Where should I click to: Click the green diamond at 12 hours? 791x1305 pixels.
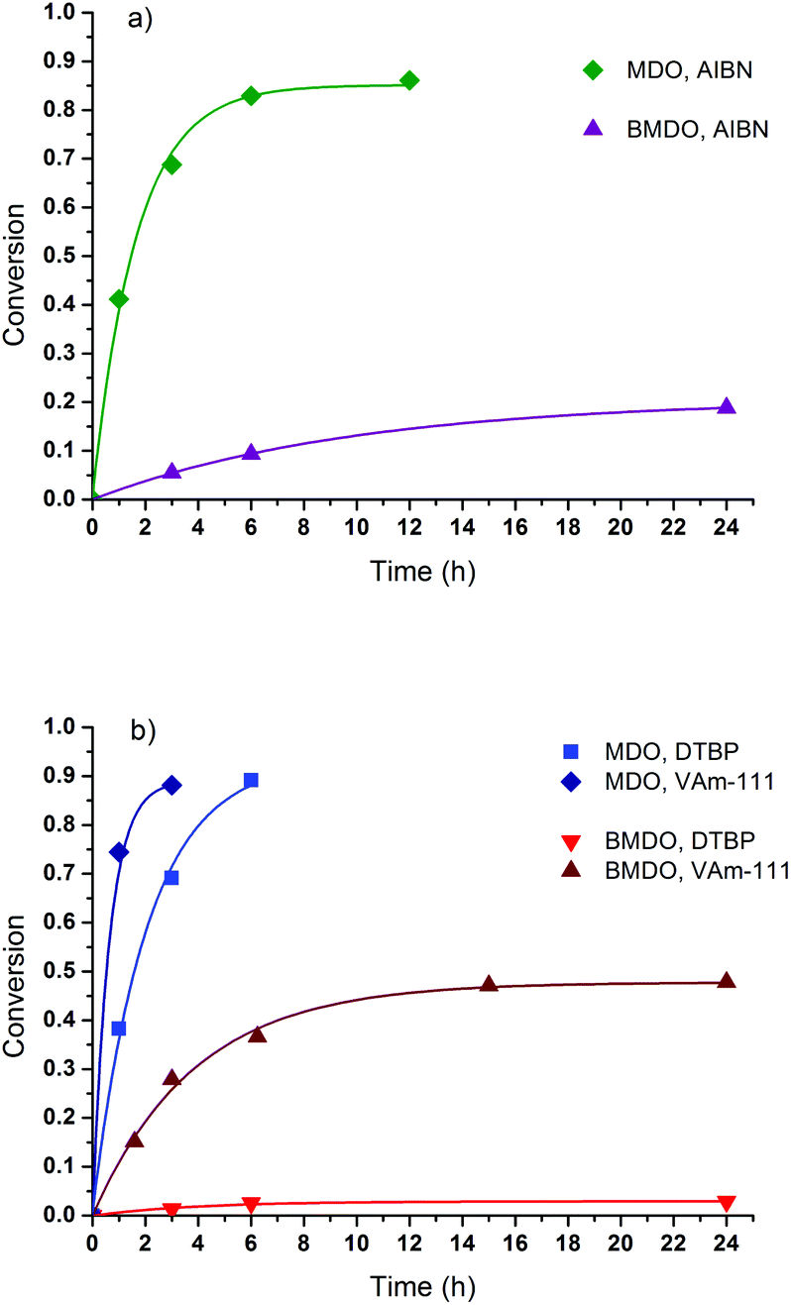pyautogui.click(x=409, y=80)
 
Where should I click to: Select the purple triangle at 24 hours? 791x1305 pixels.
pyautogui.click(x=727, y=406)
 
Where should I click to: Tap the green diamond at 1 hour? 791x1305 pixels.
pyautogui.click(x=119, y=298)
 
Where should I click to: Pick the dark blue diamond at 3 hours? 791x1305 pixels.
pyautogui.click(x=171, y=786)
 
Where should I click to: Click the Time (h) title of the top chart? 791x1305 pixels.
pyautogui.click(x=422, y=571)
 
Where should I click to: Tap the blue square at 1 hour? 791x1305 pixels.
pyautogui.click(x=119, y=1029)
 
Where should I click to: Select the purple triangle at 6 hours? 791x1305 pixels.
pyautogui.click(x=251, y=453)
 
